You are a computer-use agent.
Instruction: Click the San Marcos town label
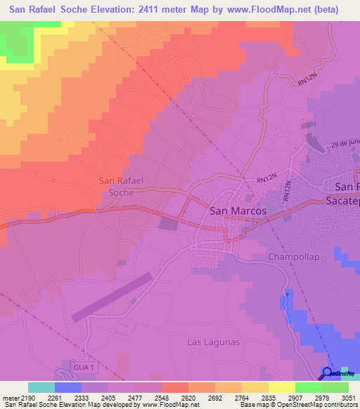click(x=238, y=210)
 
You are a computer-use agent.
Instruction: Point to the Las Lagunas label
click(x=213, y=342)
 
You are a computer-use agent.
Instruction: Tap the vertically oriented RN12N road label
click(x=288, y=191)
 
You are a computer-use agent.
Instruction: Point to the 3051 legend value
click(x=348, y=398)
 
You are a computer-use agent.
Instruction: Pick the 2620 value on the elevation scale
click(x=188, y=398)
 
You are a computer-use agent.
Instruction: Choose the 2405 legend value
click(x=108, y=398)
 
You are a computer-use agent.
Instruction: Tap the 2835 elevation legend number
click(x=268, y=398)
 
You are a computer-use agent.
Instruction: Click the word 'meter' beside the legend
click(x=9, y=398)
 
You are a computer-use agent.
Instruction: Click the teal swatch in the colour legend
click(x=41, y=387)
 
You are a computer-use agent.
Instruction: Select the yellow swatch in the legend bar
click(x=281, y=387)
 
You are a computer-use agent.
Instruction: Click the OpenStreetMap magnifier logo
click(x=328, y=372)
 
